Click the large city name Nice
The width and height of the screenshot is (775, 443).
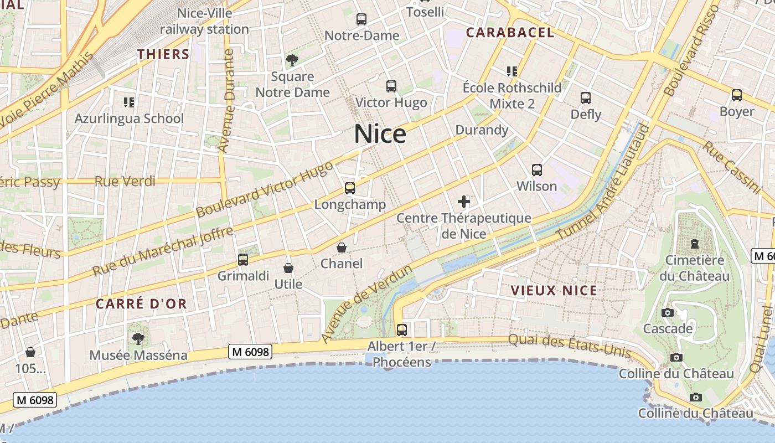tap(380, 134)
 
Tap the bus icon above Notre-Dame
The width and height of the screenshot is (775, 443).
tap(361, 19)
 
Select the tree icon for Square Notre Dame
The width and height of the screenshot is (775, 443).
tap(292, 60)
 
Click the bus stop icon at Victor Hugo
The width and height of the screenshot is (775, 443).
tap(391, 86)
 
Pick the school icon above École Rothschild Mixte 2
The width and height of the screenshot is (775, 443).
tap(512, 71)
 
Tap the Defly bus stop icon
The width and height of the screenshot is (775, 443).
tap(586, 98)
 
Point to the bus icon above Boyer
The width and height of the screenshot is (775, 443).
tap(737, 95)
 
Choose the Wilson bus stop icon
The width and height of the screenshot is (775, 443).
tap(536, 170)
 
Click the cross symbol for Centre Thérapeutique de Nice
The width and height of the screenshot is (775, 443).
tap(464, 202)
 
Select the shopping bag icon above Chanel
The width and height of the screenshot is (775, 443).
tap(342, 248)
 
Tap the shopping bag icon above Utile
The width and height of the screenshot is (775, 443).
tap(288, 269)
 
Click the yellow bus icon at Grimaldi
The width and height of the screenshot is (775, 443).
tap(242, 259)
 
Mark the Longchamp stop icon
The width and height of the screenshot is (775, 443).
tap(350, 188)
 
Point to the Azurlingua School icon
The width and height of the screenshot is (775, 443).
tap(129, 102)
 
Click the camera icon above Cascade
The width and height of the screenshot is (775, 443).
tap(668, 312)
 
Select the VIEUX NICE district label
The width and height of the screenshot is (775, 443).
tap(554, 291)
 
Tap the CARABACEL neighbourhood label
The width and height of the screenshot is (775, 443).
tap(510, 33)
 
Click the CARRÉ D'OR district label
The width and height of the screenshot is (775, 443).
tap(141, 304)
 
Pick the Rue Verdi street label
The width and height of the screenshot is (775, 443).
tap(125, 182)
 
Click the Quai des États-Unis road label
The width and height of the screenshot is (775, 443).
tap(569, 343)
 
